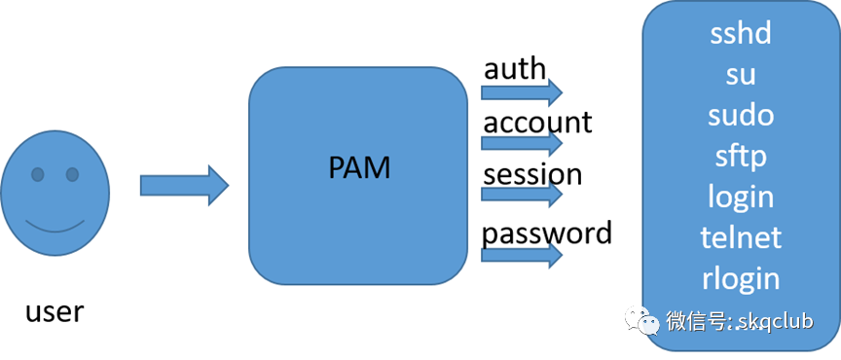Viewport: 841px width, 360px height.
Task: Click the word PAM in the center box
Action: coord(359,167)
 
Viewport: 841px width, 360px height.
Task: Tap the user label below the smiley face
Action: coord(55,312)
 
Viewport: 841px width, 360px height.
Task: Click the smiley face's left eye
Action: coord(37,175)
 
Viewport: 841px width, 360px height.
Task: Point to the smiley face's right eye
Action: coord(72,175)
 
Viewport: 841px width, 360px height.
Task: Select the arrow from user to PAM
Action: coord(184,185)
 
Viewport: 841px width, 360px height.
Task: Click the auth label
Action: coord(515,69)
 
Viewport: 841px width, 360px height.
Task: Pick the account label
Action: coord(537,123)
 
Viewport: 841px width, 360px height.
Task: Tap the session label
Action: coord(532,175)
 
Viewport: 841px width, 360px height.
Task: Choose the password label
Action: coord(547,233)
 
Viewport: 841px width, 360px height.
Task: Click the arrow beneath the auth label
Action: coord(522,92)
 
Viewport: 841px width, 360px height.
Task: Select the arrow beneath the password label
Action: coord(522,256)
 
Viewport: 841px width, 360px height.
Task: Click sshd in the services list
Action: coord(741,34)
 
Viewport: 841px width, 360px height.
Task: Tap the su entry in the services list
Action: coord(741,75)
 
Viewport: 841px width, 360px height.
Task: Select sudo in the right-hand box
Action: coord(741,115)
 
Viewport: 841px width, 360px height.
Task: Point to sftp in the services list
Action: coord(741,156)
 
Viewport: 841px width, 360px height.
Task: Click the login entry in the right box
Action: coord(741,197)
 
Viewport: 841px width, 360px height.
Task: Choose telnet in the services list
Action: coord(741,237)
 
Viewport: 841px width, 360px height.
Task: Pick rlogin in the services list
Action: coord(741,278)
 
